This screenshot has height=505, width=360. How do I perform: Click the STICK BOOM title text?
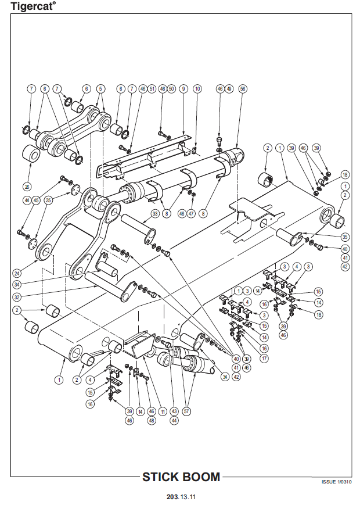[181, 477]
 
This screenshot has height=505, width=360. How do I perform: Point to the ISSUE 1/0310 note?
[336, 482]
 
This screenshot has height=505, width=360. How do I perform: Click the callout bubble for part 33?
[155, 214]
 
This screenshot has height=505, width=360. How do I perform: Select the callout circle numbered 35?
[344, 237]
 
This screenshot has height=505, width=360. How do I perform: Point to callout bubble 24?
[17, 272]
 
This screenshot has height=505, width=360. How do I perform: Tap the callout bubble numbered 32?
[17, 296]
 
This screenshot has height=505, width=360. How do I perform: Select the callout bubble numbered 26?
[27, 186]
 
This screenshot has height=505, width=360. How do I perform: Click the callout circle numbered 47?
[191, 214]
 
